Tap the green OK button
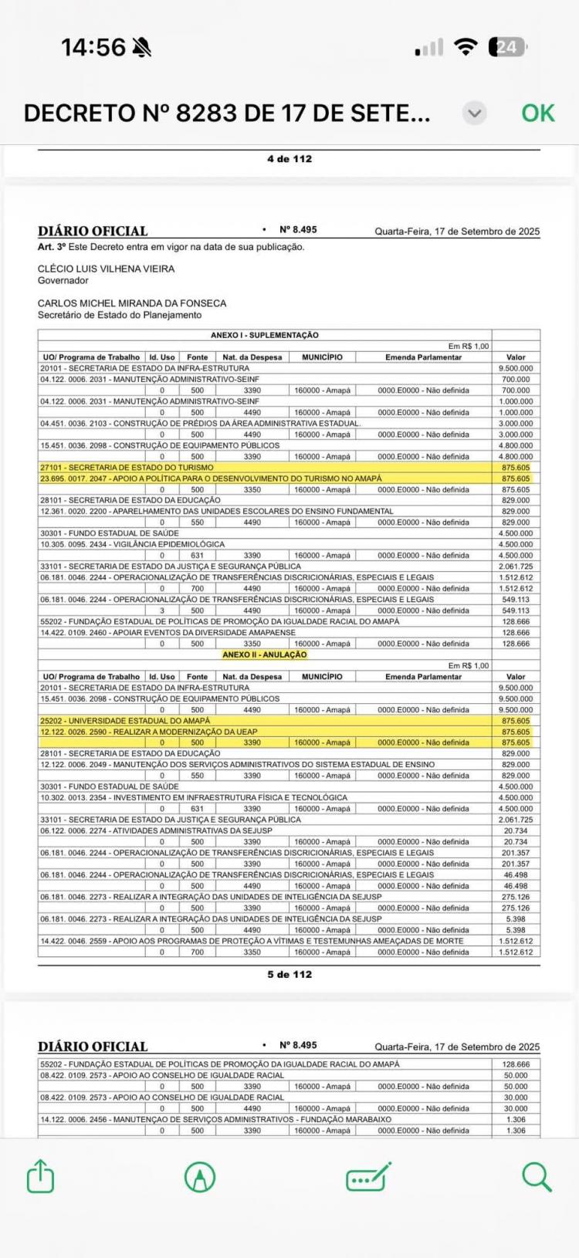(x=537, y=113)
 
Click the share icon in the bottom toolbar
(x=41, y=1177)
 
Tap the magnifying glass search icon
(x=536, y=1177)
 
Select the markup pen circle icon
(x=200, y=1177)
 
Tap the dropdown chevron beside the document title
(x=475, y=113)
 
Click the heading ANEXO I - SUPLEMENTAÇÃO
(x=265, y=336)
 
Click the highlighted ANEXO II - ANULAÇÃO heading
(x=265, y=654)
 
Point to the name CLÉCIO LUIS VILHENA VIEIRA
(x=107, y=269)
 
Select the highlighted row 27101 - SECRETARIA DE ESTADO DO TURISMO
(x=127, y=468)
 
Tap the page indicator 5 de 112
(x=289, y=975)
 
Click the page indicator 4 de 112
(x=289, y=159)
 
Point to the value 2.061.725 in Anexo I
(x=516, y=566)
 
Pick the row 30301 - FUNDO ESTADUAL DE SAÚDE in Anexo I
(x=110, y=533)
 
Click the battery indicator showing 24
(x=506, y=47)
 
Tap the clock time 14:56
(x=93, y=47)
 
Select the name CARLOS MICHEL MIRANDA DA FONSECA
(x=132, y=303)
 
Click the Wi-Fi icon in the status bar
(x=466, y=47)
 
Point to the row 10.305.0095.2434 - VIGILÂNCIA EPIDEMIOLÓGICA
(x=133, y=544)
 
